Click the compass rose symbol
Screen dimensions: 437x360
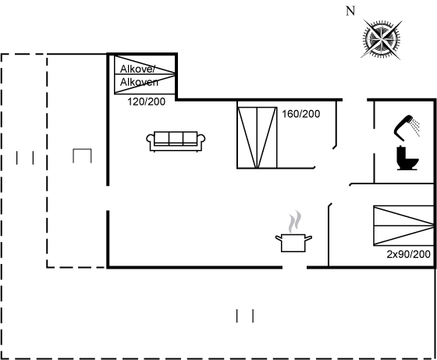[382, 39]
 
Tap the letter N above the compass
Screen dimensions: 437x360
[350, 11]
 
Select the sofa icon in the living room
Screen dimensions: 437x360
[176, 141]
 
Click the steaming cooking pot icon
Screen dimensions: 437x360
[293, 231]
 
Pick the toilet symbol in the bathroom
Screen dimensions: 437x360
[407, 158]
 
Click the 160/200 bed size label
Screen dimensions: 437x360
[301, 114]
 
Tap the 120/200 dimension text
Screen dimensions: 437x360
[147, 102]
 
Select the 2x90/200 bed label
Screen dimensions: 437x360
[409, 254]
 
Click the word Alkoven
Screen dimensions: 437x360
[139, 82]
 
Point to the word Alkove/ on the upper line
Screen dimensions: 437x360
[137, 69]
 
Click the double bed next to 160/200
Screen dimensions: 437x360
[257, 137]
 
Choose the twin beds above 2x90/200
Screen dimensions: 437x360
[403, 226]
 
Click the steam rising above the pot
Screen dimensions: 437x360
[295, 222]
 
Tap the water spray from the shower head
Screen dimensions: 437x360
[416, 128]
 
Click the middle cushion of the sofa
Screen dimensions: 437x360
[176, 137]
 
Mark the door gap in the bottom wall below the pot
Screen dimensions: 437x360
[295, 267]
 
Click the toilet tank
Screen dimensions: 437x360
[401, 153]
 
